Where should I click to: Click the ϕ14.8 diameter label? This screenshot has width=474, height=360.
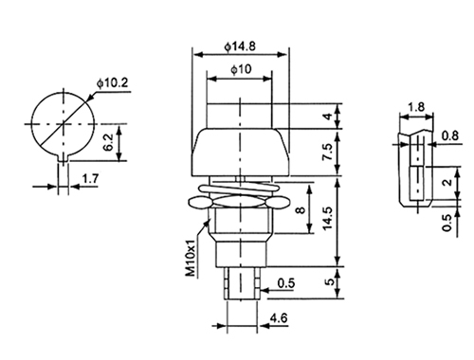240,46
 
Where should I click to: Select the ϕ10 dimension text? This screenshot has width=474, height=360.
241,69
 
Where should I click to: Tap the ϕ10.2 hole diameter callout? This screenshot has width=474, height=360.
113,83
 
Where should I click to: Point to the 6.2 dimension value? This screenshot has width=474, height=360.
107,143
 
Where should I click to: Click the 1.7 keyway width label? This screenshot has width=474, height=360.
90,179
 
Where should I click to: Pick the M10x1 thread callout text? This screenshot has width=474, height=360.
191,258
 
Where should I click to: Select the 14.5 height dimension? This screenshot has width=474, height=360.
328,218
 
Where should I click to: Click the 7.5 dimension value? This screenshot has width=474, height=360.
328,152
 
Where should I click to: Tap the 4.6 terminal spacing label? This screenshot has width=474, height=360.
279,318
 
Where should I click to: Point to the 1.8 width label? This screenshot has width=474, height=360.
415,107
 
